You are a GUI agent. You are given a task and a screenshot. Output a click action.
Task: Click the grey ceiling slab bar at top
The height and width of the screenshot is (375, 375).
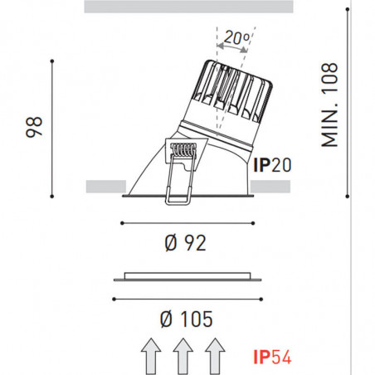coord(190,7)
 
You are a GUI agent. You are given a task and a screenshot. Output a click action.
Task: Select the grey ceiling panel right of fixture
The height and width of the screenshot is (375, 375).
coord(271,186)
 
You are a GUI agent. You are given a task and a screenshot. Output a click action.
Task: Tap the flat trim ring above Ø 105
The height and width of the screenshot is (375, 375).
coord(189,275)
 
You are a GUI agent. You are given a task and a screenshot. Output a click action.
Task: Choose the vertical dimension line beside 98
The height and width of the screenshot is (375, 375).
coord(53,126)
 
